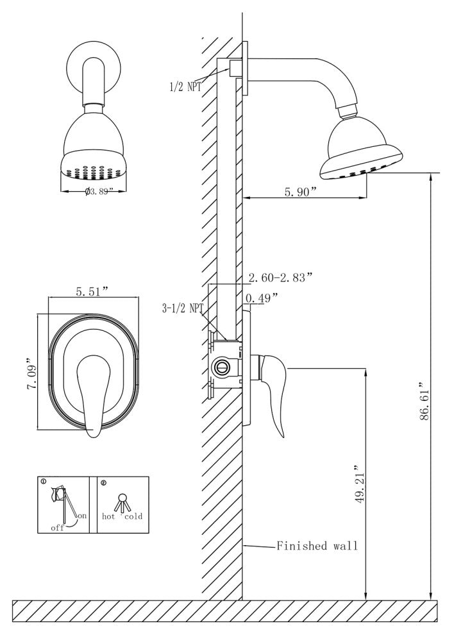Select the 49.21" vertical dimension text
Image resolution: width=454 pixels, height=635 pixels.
[359, 485]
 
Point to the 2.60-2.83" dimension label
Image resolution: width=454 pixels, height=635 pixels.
[280, 277]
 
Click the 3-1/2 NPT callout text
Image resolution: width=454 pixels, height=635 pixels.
[183, 309]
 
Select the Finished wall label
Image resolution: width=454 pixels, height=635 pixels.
[317, 546]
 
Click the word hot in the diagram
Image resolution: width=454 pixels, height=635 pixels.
[108, 515]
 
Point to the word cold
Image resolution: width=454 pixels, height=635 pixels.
[134, 515]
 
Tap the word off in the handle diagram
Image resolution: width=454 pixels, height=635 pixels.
[58, 527]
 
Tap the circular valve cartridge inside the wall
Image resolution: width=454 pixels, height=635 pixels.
[222, 367]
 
